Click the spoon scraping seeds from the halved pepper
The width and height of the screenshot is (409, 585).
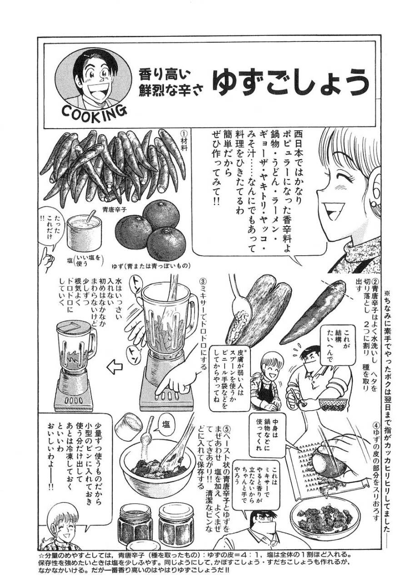236,300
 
